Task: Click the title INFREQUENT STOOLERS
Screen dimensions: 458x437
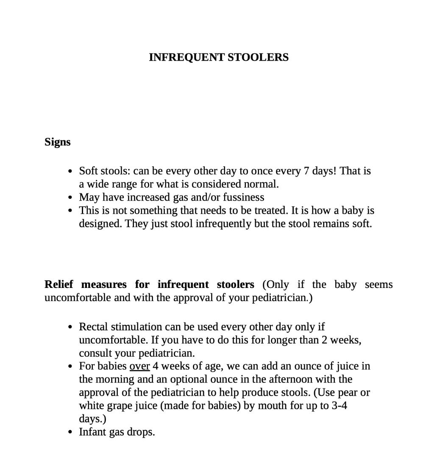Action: [218, 57]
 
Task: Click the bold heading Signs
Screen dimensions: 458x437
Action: [57, 142]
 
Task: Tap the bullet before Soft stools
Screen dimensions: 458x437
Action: [70, 171]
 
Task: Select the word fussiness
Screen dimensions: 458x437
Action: [243, 197]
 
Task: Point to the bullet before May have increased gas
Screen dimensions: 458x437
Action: [70, 198]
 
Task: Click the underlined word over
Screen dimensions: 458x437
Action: [139, 366]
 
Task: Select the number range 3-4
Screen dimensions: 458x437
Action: [339, 405]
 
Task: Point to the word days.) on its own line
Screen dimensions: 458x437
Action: [92, 419]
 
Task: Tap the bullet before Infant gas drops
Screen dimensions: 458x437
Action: [70, 433]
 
